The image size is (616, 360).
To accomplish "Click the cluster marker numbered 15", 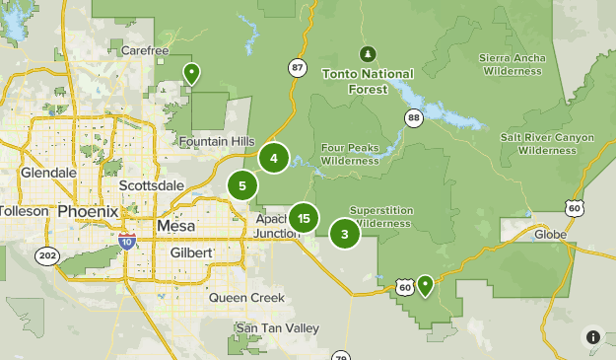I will [x=304, y=218].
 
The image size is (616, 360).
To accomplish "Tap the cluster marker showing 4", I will [x=274, y=157].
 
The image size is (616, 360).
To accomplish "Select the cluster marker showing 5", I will [x=241, y=184].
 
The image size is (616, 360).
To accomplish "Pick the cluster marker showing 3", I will [x=344, y=234].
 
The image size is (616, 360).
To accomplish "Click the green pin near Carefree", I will [x=191, y=73].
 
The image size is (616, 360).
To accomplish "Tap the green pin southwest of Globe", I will [x=425, y=286].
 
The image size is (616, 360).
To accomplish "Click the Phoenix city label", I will [x=88, y=212].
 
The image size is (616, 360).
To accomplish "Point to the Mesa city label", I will [x=175, y=226].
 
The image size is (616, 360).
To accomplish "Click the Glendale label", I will [x=48, y=173].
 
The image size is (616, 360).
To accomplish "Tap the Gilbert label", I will [x=190, y=252].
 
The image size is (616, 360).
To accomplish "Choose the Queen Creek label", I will [x=246, y=297].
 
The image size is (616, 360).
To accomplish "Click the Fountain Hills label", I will [x=216, y=142].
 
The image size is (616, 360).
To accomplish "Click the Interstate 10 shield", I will [x=126, y=240].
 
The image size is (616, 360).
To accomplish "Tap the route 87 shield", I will [x=298, y=67].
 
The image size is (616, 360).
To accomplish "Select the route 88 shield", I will [x=413, y=118].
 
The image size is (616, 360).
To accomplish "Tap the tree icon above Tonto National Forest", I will [x=367, y=52].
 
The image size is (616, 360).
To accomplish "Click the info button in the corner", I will [x=593, y=337].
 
